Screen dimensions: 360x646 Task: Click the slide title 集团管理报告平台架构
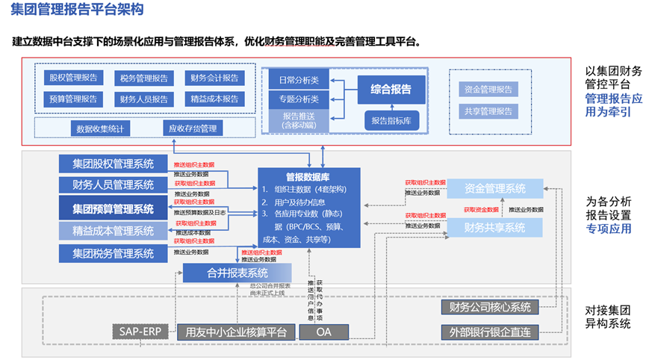(78, 11)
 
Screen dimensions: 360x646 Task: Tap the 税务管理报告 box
(143, 78)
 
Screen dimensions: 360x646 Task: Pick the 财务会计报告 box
(214, 78)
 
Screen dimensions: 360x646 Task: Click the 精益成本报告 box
(214, 99)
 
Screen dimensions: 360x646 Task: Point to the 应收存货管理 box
(192, 128)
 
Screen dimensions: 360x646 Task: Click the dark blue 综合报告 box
(391, 89)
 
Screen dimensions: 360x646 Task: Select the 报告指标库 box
(391, 120)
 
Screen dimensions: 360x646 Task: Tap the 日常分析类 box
(299, 80)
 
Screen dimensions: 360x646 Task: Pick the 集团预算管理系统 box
(113, 208)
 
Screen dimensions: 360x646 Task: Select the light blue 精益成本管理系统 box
(113, 231)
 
